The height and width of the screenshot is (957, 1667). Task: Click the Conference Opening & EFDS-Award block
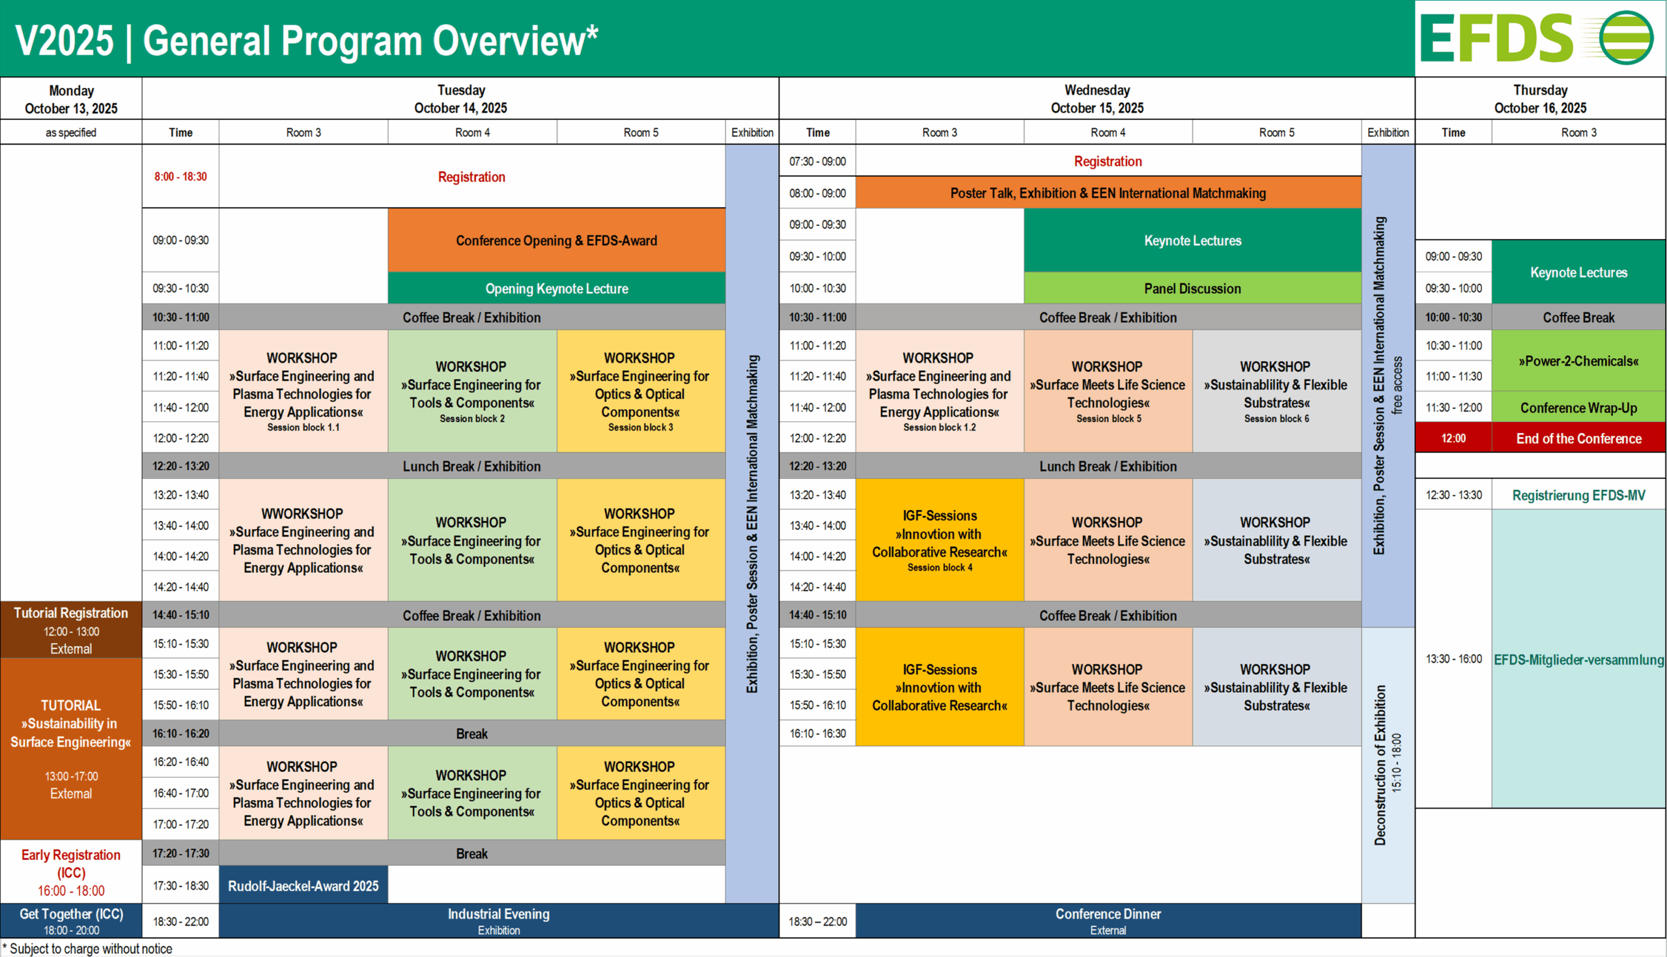pos(556,240)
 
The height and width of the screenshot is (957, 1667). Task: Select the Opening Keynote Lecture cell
pos(556,289)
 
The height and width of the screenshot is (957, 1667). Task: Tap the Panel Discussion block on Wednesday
pos(1192,289)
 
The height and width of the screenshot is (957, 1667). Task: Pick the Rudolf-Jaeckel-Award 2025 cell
pos(303,885)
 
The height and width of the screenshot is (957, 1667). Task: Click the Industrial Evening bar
pos(499,921)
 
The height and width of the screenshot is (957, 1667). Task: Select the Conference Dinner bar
pos(1108,921)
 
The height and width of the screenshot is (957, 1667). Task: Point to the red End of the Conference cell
pos(1578,438)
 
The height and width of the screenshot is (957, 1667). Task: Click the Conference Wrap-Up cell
pos(1578,408)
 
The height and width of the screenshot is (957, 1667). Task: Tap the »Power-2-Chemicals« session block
pos(1578,361)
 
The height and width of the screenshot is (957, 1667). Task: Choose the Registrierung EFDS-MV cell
pos(1578,495)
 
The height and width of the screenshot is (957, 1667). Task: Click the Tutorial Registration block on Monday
pos(71,630)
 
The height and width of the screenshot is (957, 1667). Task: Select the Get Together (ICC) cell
pos(71,921)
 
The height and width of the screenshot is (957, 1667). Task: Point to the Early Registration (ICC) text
pos(71,872)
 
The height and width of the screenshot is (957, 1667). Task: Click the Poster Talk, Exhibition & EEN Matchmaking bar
pos(1108,193)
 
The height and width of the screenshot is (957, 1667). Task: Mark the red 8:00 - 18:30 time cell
pos(180,176)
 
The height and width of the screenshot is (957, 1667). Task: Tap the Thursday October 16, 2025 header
pos(1540,98)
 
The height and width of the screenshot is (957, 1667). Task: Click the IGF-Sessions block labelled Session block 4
pos(939,539)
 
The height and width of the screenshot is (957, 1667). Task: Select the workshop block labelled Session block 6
pos(1276,391)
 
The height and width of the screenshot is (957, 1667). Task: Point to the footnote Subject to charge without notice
pos(87,949)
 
